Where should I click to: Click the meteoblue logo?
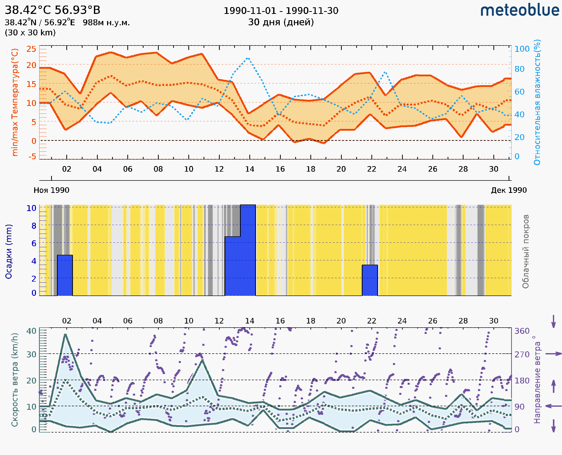click(x=519, y=10)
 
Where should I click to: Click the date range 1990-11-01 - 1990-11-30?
click(x=281, y=11)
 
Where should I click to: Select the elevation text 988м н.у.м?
click(x=106, y=22)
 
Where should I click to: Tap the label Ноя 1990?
click(x=51, y=190)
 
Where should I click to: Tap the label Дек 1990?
click(x=509, y=190)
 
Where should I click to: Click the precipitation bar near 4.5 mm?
click(x=65, y=275)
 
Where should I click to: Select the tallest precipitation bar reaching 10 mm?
click(x=248, y=250)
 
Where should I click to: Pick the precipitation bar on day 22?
click(x=370, y=280)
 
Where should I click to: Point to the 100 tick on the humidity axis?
click(x=522, y=49)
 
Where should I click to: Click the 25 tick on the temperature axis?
click(x=31, y=49)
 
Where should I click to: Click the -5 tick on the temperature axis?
click(x=32, y=157)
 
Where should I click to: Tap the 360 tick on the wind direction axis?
click(x=522, y=331)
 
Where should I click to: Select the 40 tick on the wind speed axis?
click(x=31, y=331)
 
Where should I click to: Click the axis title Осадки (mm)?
click(x=8, y=252)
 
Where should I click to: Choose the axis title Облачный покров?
click(x=525, y=252)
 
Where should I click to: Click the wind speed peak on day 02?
click(x=65, y=334)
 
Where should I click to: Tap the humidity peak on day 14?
click(x=248, y=58)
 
